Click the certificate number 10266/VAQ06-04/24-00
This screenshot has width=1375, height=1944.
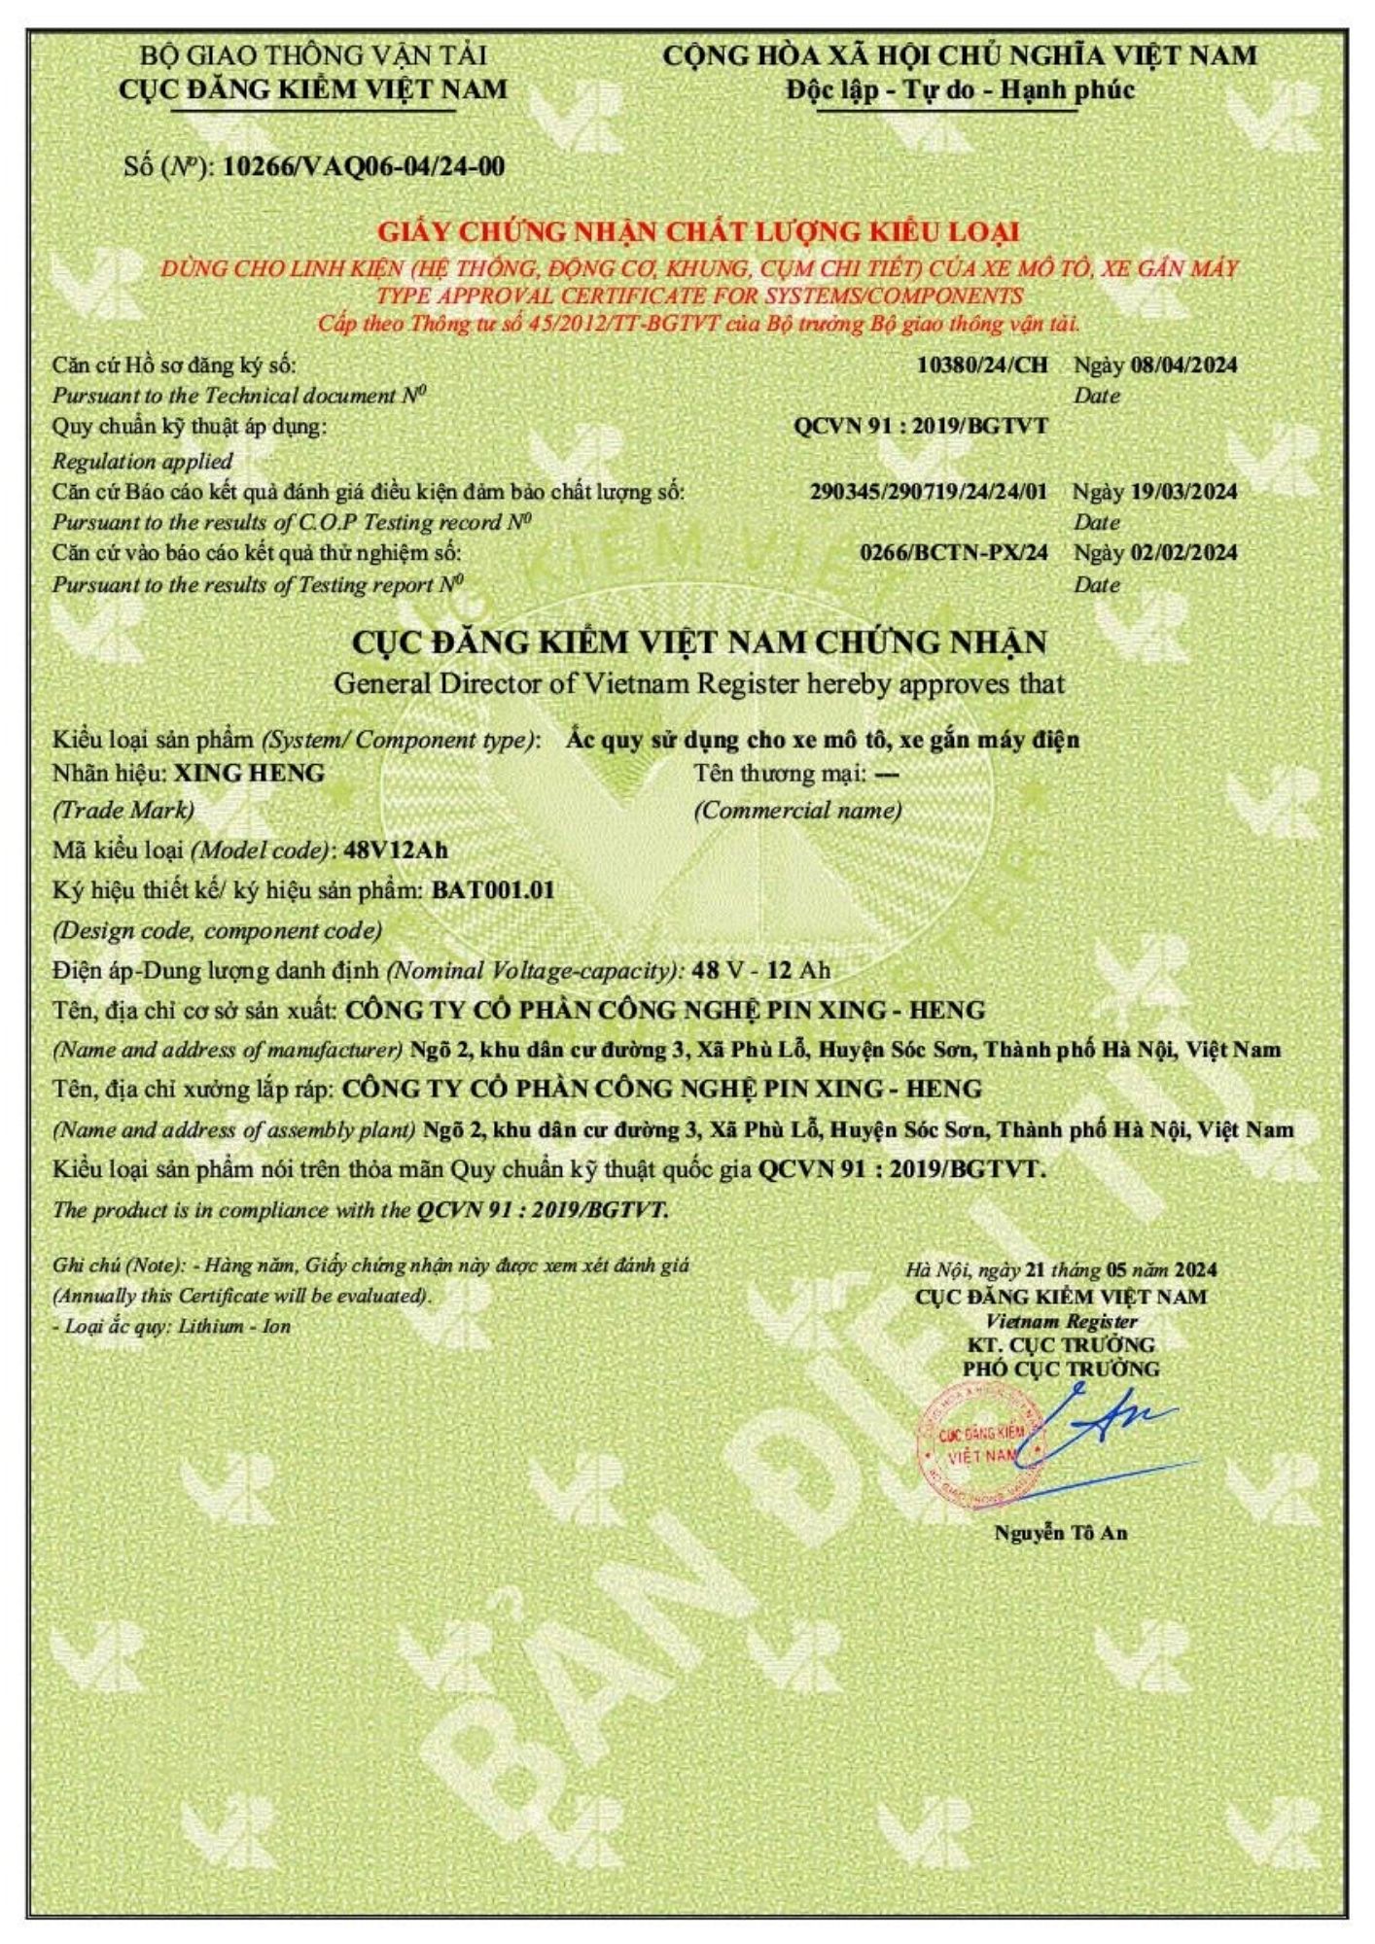(364, 166)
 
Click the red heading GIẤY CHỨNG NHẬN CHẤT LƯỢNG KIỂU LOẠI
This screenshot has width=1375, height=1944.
(698, 232)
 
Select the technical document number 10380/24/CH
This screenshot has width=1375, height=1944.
(982, 365)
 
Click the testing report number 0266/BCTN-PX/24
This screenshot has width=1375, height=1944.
(954, 552)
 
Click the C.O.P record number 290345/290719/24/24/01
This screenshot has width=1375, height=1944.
(929, 491)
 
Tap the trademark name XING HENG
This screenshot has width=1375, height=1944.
(249, 774)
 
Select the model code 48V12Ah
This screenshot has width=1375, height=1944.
(396, 850)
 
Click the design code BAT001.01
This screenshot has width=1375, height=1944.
(493, 890)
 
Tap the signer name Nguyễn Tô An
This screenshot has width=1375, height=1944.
(1060, 1533)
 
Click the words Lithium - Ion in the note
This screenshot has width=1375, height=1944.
(233, 1327)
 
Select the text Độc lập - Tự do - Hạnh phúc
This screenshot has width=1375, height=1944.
(960, 90)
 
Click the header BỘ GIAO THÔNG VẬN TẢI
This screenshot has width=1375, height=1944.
(313, 55)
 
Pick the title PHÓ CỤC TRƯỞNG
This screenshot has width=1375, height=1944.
(1061, 1369)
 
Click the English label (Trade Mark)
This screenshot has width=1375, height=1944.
(123, 810)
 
